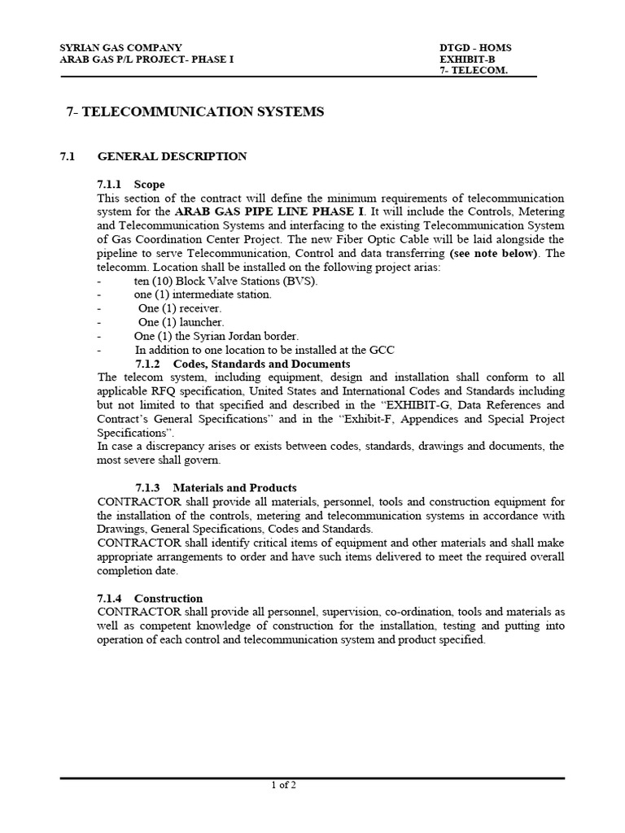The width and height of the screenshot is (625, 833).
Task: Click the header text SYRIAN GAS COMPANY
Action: pyautogui.click(x=121, y=47)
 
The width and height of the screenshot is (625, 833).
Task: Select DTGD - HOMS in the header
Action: pyautogui.click(x=475, y=47)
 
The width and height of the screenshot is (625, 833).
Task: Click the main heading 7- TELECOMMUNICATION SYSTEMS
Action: pyautogui.click(x=194, y=112)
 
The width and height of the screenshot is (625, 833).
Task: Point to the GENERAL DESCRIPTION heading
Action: pyautogui.click(x=172, y=156)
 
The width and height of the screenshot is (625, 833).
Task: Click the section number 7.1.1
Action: pyautogui.click(x=111, y=185)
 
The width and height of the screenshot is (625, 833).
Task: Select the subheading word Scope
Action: pyautogui.click(x=150, y=185)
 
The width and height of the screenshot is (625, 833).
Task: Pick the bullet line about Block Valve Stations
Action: pyautogui.click(x=226, y=281)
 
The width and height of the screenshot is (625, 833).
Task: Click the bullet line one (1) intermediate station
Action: pyautogui.click(x=203, y=294)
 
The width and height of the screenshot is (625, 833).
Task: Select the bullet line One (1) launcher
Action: pyautogui.click(x=181, y=322)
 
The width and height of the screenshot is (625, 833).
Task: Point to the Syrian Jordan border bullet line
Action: pyautogui.click(x=216, y=336)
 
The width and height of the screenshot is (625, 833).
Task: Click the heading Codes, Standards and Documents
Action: pyautogui.click(x=261, y=364)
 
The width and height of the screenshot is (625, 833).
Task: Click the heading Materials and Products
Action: pyautogui.click(x=234, y=487)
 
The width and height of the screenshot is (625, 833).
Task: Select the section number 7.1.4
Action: pyautogui.click(x=111, y=598)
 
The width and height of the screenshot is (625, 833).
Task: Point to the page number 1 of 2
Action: pyautogui.click(x=283, y=785)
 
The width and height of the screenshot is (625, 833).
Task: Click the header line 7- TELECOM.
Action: pyautogui.click(x=474, y=71)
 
